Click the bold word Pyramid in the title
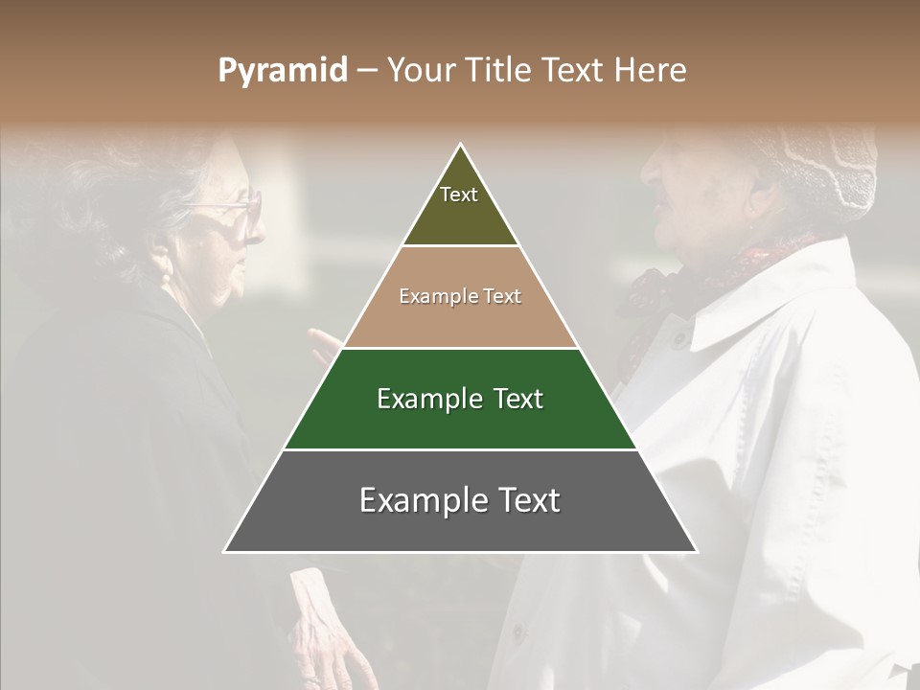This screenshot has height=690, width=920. coord(283,71)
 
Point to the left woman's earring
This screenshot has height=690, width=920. coord(166,279)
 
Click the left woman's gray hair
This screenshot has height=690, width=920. coord(125,192)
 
